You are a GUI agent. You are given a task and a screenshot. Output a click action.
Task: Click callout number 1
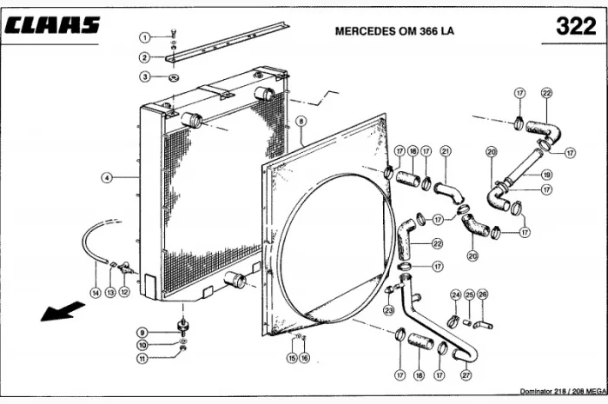point(145,36)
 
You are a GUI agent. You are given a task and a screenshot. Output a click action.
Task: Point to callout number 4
point(106,177)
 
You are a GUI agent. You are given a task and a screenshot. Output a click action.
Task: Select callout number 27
point(466,374)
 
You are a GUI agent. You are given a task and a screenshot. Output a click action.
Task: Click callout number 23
point(388,310)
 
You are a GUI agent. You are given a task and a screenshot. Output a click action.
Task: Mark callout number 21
point(445,151)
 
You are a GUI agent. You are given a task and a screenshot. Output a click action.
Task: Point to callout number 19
point(546,175)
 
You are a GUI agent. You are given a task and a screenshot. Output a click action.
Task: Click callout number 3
point(145,76)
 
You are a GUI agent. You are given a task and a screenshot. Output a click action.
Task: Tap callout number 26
point(483,295)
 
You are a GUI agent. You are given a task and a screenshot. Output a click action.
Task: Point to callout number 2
point(145,57)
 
